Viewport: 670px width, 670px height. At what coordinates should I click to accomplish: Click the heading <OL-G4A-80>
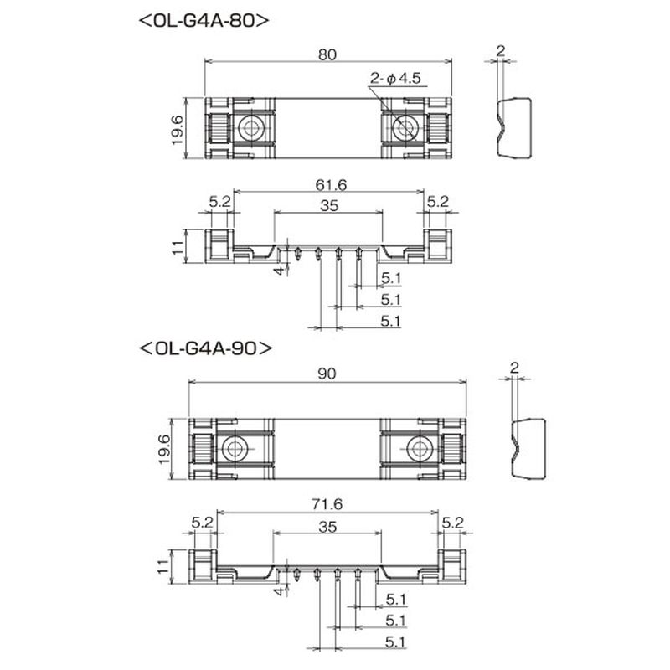(204, 20)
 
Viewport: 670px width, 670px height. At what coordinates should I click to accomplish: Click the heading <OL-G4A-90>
(205, 348)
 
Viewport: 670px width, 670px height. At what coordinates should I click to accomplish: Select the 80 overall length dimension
(327, 54)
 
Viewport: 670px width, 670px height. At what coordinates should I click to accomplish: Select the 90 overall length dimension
(327, 374)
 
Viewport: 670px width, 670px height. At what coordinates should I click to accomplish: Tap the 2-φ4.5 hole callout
(395, 78)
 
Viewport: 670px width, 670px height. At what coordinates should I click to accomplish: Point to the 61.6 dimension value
(331, 184)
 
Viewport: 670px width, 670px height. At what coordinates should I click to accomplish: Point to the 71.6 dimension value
(327, 505)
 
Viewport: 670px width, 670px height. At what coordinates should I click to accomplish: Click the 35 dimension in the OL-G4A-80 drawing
(329, 205)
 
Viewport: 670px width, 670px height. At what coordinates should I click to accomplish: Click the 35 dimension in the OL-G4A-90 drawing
(327, 527)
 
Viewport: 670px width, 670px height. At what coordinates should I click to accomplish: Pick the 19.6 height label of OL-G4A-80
(177, 130)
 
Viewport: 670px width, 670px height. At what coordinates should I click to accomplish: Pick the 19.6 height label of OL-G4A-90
(163, 450)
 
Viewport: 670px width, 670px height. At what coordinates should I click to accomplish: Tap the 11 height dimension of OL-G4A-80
(178, 247)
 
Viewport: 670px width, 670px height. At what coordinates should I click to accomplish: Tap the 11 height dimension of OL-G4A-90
(162, 567)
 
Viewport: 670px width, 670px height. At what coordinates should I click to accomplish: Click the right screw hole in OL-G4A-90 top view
(420, 449)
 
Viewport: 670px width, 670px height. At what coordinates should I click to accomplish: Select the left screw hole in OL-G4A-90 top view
(234, 449)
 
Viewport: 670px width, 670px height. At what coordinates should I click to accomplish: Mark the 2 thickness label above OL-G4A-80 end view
(500, 51)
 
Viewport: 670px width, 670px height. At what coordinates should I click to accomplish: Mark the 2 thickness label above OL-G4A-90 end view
(514, 368)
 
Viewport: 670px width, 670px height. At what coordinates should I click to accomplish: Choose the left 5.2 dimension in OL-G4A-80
(219, 201)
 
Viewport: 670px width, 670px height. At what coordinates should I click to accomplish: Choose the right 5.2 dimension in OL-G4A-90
(452, 522)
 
